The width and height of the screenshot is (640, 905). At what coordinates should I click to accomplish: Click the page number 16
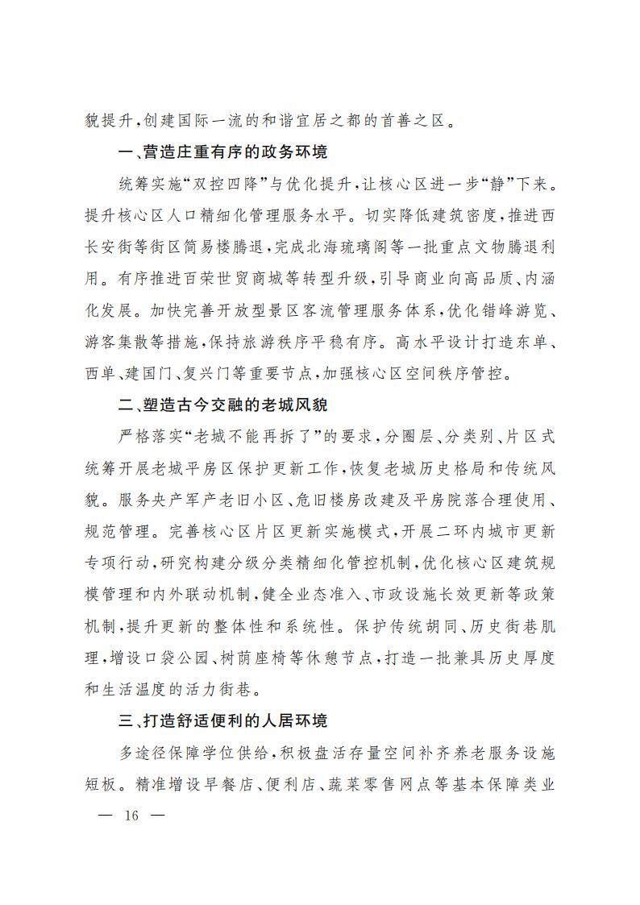[x=131, y=815]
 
